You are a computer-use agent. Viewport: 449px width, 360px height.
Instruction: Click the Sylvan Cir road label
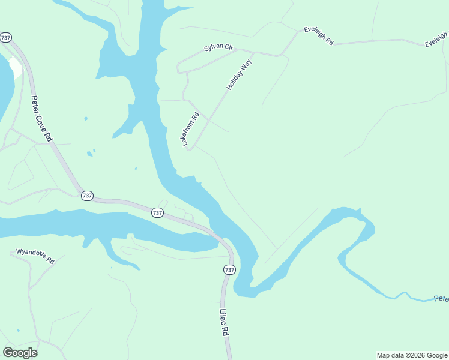(x=218, y=47)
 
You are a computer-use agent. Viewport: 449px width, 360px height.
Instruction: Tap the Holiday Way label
(x=239, y=75)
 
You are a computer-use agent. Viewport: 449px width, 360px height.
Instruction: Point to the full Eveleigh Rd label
(x=318, y=35)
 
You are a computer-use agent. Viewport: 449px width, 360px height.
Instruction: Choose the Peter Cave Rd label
(x=42, y=119)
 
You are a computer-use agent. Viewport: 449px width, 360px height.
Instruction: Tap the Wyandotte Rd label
(x=35, y=257)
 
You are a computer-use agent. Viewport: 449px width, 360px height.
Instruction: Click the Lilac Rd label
(x=224, y=323)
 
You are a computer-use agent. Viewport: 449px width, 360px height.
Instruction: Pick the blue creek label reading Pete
(x=441, y=298)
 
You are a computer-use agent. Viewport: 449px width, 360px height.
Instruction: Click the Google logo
(x=20, y=353)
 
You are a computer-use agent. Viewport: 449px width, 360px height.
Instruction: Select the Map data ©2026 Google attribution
(x=412, y=355)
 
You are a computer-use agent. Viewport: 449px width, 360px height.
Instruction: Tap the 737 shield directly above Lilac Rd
(x=229, y=269)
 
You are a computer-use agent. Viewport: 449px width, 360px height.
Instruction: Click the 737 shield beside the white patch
(x=6, y=37)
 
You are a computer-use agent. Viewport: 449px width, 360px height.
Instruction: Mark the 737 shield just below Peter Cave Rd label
(x=87, y=196)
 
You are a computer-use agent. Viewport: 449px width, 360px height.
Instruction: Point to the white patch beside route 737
(x=15, y=67)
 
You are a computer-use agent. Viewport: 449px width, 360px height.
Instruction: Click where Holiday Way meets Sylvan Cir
(x=253, y=53)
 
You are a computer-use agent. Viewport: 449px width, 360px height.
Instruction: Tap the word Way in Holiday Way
(x=246, y=65)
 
